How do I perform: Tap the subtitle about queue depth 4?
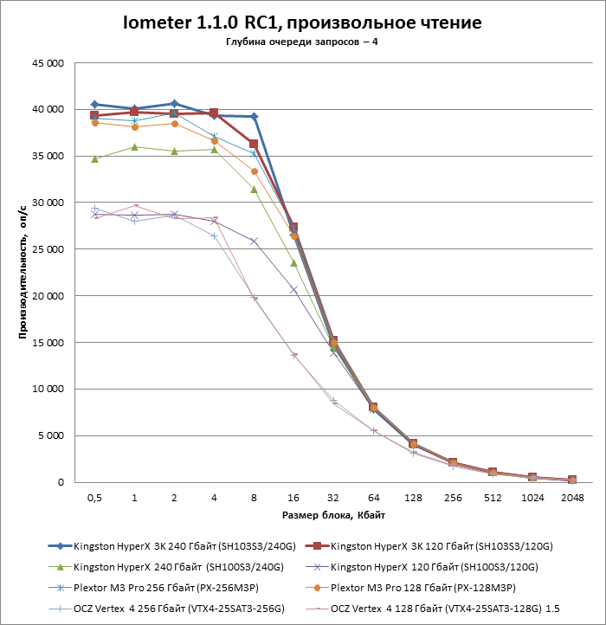(x=302, y=42)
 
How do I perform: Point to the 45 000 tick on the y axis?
(x=48, y=63)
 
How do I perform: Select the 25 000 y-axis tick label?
(x=48, y=249)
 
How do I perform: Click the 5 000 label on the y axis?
(x=51, y=435)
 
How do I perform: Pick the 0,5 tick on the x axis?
(x=94, y=498)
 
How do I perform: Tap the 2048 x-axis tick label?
(x=572, y=498)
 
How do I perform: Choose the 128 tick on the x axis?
(x=413, y=498)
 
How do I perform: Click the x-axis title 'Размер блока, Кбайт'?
(x=333, y=515)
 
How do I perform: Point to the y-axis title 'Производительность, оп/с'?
(x=23, y=272)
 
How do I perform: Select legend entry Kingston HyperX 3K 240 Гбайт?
(x=172, y=546)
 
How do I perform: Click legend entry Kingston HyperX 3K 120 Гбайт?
(x=429, y=546)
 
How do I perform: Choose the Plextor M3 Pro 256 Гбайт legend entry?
(x=153, y=588)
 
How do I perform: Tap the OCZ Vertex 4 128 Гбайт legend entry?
(x=432, y=609)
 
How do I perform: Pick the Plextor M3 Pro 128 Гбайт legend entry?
(x=410, y=588)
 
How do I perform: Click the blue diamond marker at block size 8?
(x=255, y=116)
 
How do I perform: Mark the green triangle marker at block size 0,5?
(x=95, y=159)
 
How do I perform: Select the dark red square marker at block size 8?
(x=254, y=144)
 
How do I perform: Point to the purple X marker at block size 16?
(x=293, y=290)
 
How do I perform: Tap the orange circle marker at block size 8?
(x=255, y=171)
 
